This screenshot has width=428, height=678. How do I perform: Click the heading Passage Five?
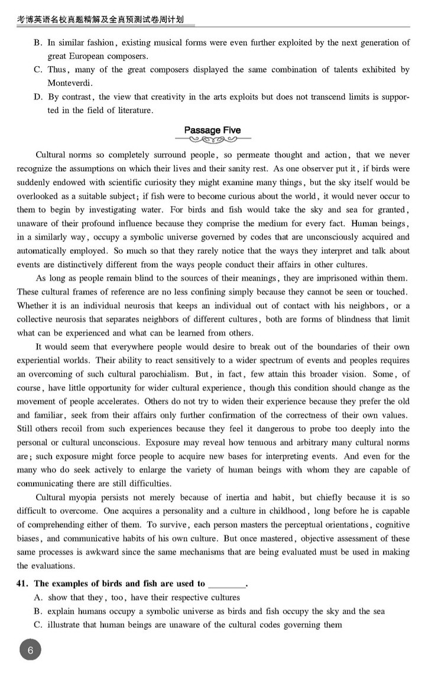coord(212,130)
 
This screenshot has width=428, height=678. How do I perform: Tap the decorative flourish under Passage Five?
coord(212,140)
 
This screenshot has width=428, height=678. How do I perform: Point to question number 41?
coord(23,584)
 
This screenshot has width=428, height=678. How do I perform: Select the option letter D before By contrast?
coord(38,97)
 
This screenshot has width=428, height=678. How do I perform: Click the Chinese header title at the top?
coord(100,19)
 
